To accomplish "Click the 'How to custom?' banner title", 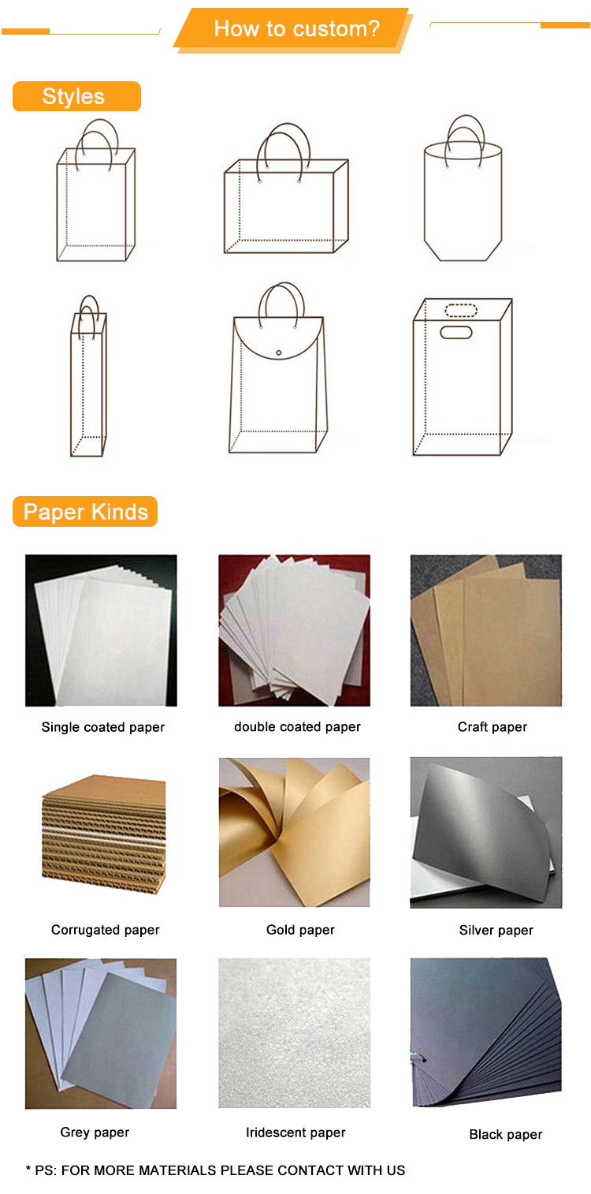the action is (296, 28).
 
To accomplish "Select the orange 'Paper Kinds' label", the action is (85, 512).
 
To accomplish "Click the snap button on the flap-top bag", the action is (278, 353).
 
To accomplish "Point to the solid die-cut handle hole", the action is (455, 333).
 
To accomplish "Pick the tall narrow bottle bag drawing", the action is (88, 376).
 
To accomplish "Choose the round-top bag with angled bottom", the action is (463, 188).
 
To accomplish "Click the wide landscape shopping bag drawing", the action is (286, 188).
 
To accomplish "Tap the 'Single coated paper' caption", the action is (102, 727).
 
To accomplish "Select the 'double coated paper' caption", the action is (297, 727).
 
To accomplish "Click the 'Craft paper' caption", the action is (492, 727).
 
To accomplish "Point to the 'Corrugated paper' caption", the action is (105, 930).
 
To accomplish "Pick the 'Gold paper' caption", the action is (300, 930).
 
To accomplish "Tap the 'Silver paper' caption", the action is (496, 930).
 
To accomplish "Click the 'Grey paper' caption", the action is (95, 1132).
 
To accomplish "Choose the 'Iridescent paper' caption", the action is (295, 1132).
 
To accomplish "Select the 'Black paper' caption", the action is (506, 1134).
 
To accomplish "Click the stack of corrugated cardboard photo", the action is (104, 834).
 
